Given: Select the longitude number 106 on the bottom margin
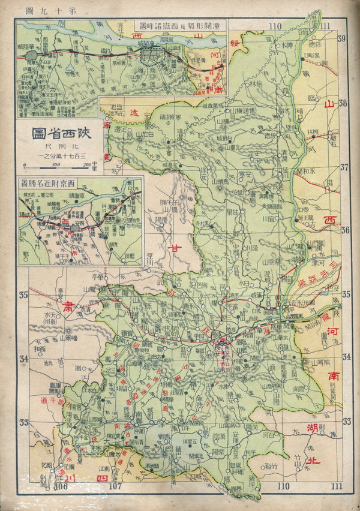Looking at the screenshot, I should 60,486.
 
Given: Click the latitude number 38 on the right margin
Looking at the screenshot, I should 343,103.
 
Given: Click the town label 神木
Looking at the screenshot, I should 288,46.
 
